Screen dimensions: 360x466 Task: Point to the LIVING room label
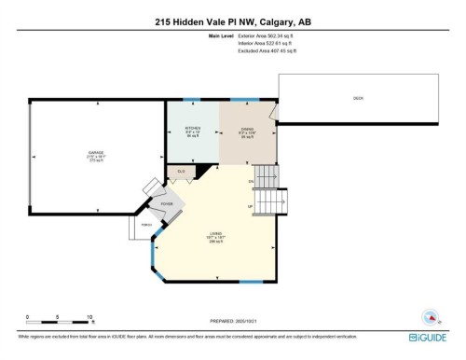tap(216, 234)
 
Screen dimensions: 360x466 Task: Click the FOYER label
tap(168, 202)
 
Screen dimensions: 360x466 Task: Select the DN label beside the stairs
tap(251, 180)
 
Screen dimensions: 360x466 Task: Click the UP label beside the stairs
tap(249, 206)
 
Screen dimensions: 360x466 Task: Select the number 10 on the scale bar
tap(88, 316)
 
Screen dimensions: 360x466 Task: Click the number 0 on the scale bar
tap(28, 316)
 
